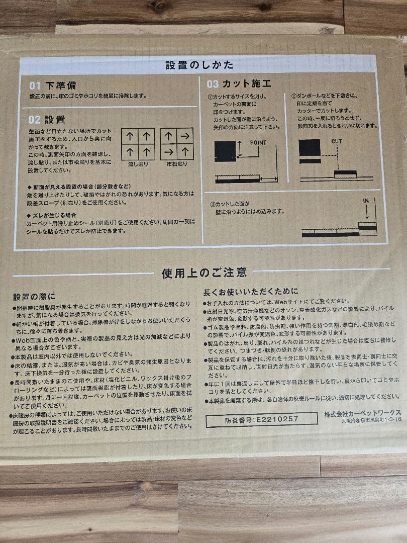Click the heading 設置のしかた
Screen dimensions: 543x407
tap(199, 65)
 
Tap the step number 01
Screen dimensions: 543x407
tap(34, 86)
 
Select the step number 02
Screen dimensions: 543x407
tap(34, 120)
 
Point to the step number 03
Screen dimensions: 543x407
tap(213, 83)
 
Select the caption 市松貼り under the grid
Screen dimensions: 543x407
tap(176, 164)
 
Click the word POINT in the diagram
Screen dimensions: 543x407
tap(257, 143)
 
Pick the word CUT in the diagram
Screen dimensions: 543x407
tap(336, 142)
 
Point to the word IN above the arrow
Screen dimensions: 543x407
tap(366, 201)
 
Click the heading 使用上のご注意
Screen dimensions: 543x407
tap(204, 273)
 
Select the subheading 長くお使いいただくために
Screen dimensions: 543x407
tap(250, 291)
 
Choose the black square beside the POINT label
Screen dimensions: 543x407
tap(225, 151)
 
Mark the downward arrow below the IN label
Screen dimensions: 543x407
tap(367, 212)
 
